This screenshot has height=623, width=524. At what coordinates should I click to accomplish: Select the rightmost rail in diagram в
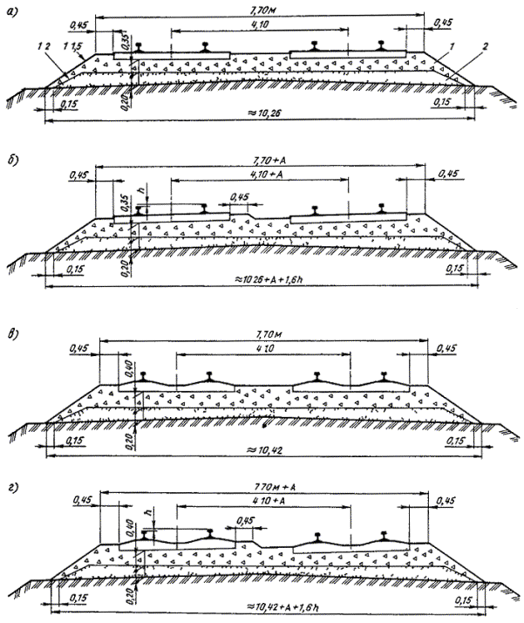click(x=386, y=377)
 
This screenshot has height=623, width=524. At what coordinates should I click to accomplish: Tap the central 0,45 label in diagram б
click(x=239, y=196)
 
